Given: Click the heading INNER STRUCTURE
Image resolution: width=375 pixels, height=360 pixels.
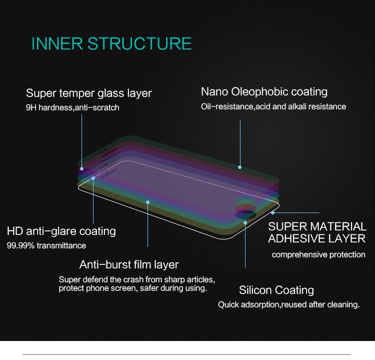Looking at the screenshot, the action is pos(111,43).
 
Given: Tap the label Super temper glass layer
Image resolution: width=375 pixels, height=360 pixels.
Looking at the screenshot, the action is pos(89,93).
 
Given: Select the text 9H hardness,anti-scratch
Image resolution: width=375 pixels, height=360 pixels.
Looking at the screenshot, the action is pos(72,107).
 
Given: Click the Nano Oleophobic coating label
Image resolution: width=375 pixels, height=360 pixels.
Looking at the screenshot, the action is pos(264,92).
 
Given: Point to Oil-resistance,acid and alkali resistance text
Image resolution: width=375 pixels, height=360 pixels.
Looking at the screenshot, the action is pos(273,106).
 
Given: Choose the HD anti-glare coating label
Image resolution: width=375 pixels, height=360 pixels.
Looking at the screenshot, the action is pos(61,231).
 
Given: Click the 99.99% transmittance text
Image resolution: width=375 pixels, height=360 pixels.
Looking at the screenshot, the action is pos(46,245).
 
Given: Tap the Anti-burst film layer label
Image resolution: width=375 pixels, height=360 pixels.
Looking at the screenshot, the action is pos(129,264).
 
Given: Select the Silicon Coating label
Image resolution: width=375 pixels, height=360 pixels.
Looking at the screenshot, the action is pos(276,290).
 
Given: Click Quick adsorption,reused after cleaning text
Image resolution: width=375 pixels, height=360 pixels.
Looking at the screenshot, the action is pos(289,304).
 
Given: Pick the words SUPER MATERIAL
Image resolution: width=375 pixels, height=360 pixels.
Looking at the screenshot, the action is pos(317,226).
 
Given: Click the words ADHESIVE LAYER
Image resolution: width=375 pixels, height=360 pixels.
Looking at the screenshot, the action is pos(317,238).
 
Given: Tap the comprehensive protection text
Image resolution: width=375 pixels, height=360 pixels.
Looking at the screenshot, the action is pos(318,255).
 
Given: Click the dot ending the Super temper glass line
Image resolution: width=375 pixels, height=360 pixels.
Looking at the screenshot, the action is pos(82,169).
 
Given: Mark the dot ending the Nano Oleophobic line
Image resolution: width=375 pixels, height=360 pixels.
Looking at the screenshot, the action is pos(240,167).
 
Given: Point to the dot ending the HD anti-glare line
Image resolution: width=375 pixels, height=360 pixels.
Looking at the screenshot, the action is pos(93,178).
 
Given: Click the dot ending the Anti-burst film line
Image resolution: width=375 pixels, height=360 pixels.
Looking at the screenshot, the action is pos(148,202).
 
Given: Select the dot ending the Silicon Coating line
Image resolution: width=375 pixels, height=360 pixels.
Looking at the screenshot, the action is pos(245,223).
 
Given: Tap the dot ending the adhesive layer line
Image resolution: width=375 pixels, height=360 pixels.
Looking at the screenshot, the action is pos(273,212).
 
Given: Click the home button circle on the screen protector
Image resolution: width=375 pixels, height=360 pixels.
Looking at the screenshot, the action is pos(245,214).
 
